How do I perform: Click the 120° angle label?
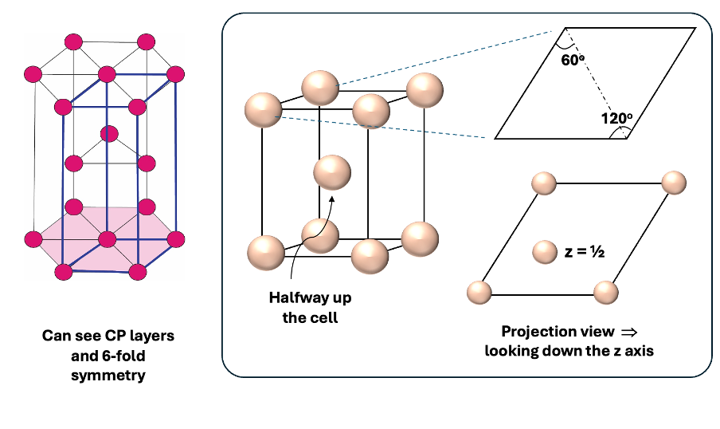click(616, 118)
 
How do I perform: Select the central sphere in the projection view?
click(545, 253)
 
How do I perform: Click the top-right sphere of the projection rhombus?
click(673, 183)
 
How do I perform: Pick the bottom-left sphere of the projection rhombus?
click(477, 293)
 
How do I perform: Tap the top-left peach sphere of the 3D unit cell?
click(264, 109)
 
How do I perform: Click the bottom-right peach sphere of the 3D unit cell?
click(420, 238)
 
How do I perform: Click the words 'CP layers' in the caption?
click(139, 336)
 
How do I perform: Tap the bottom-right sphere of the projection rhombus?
click(606, 293)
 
